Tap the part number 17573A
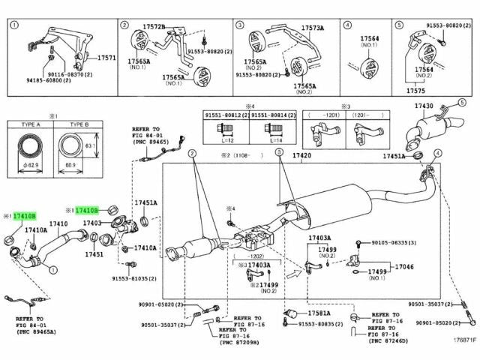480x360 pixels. pyautogui.click(x=313, y=28)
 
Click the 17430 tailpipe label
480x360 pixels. pyautogui.click(x=425, y=107)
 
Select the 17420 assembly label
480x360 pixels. pyautogui.click(x=301, y=155)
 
